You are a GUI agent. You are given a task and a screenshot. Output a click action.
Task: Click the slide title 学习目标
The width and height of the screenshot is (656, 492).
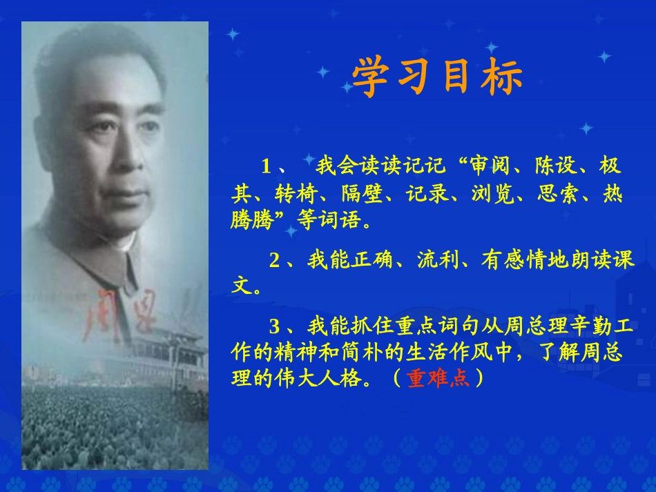[x=436, y=79]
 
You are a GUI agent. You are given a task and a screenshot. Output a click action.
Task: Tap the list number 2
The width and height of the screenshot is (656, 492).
[x=274, y=260]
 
